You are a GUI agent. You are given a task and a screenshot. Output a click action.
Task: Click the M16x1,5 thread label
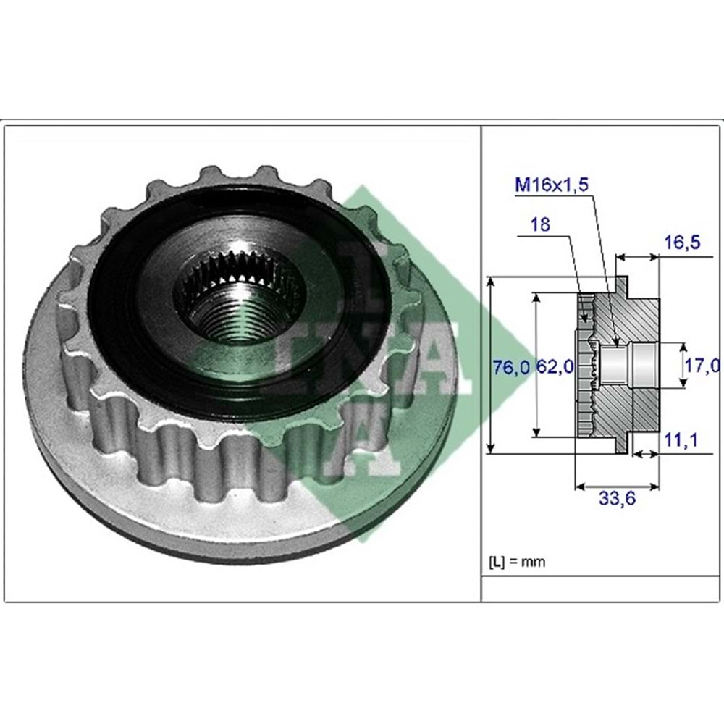tap(551, 185)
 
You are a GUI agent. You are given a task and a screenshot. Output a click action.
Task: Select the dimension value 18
tap(539, 224)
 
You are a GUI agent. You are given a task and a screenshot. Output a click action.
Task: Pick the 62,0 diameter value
tap(556, 367)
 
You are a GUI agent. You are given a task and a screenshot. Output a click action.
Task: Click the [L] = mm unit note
tap(518, 561)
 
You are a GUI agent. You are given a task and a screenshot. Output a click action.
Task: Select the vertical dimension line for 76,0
tap(492, 366)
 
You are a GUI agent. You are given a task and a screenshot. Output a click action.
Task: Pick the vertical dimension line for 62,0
tap(536, 366)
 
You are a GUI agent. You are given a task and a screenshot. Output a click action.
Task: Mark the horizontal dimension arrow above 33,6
tap(617, 483)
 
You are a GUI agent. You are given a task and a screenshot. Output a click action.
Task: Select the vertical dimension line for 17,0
tap(683, 366)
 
